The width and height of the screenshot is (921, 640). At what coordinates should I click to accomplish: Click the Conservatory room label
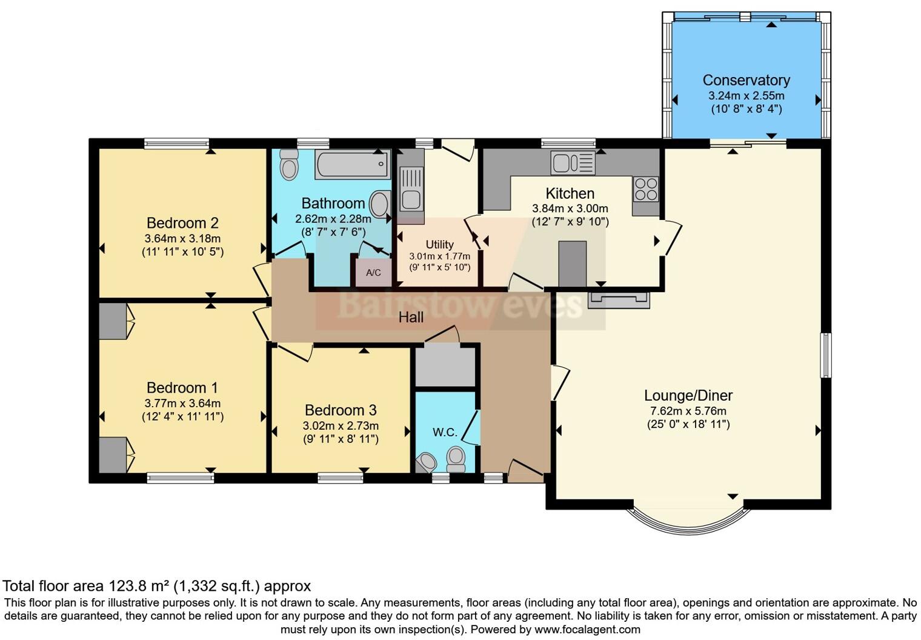(x=746, y=80)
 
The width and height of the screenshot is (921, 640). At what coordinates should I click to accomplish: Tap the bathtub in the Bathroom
(x=353, y=164)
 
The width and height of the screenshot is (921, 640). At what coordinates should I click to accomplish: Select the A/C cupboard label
(x=373, y=272)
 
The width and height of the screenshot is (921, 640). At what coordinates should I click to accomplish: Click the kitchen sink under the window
(x=573, y=162)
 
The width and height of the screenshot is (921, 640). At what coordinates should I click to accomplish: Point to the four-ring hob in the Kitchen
(x=646, y=189)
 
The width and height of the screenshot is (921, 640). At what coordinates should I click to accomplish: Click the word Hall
(x=411, y=317)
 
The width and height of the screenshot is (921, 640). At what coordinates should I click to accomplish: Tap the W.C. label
(x=445, y=432)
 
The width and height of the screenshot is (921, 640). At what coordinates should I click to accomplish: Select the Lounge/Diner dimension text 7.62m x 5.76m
(x=688, y=410)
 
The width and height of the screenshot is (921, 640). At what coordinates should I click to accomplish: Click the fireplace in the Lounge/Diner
(x=619, y=300)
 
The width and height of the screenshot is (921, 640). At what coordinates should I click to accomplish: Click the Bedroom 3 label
(x=341, y=410)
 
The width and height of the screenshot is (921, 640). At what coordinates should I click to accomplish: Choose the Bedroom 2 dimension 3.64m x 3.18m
(x=182, y=238)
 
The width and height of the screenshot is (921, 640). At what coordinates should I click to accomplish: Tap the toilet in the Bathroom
(x=289, y=164)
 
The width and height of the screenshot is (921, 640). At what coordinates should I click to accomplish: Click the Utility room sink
(x=410, y=189)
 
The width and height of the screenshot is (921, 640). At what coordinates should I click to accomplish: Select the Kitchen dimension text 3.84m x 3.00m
(x=570, y=208)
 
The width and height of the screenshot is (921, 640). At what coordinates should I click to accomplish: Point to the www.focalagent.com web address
(x=587, y=630)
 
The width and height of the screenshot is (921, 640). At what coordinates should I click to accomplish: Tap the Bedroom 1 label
(x=182, y=387)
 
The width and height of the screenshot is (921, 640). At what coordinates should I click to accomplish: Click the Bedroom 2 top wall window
(x=177, y=143)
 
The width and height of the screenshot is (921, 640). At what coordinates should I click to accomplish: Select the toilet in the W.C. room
(x=456, y=459)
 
